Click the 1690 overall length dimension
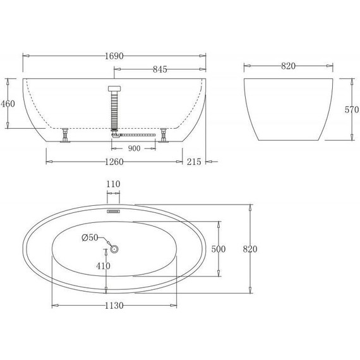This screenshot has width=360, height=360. [114, 56]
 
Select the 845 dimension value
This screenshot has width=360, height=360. [160, 69]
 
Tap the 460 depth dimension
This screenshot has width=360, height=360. [8, 103]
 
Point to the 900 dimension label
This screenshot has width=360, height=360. [134, 148]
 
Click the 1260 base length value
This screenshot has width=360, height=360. [114, 162]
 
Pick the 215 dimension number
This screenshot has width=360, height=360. [194, 162]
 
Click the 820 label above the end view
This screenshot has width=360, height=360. [289, 66]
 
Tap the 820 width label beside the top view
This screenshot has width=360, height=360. [250, 249]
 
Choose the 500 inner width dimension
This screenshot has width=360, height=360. [219, 249]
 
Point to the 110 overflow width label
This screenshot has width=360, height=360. [114, 184]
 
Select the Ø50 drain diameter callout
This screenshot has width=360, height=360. [90, 238]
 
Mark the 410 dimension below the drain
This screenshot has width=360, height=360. [103, 266]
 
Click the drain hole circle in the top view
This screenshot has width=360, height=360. [114, 249]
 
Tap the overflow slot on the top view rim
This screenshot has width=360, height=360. [114, 212]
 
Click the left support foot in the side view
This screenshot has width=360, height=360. [64, 137]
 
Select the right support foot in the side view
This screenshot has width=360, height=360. [164, 137]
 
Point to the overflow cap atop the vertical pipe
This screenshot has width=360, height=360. [114, 89]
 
